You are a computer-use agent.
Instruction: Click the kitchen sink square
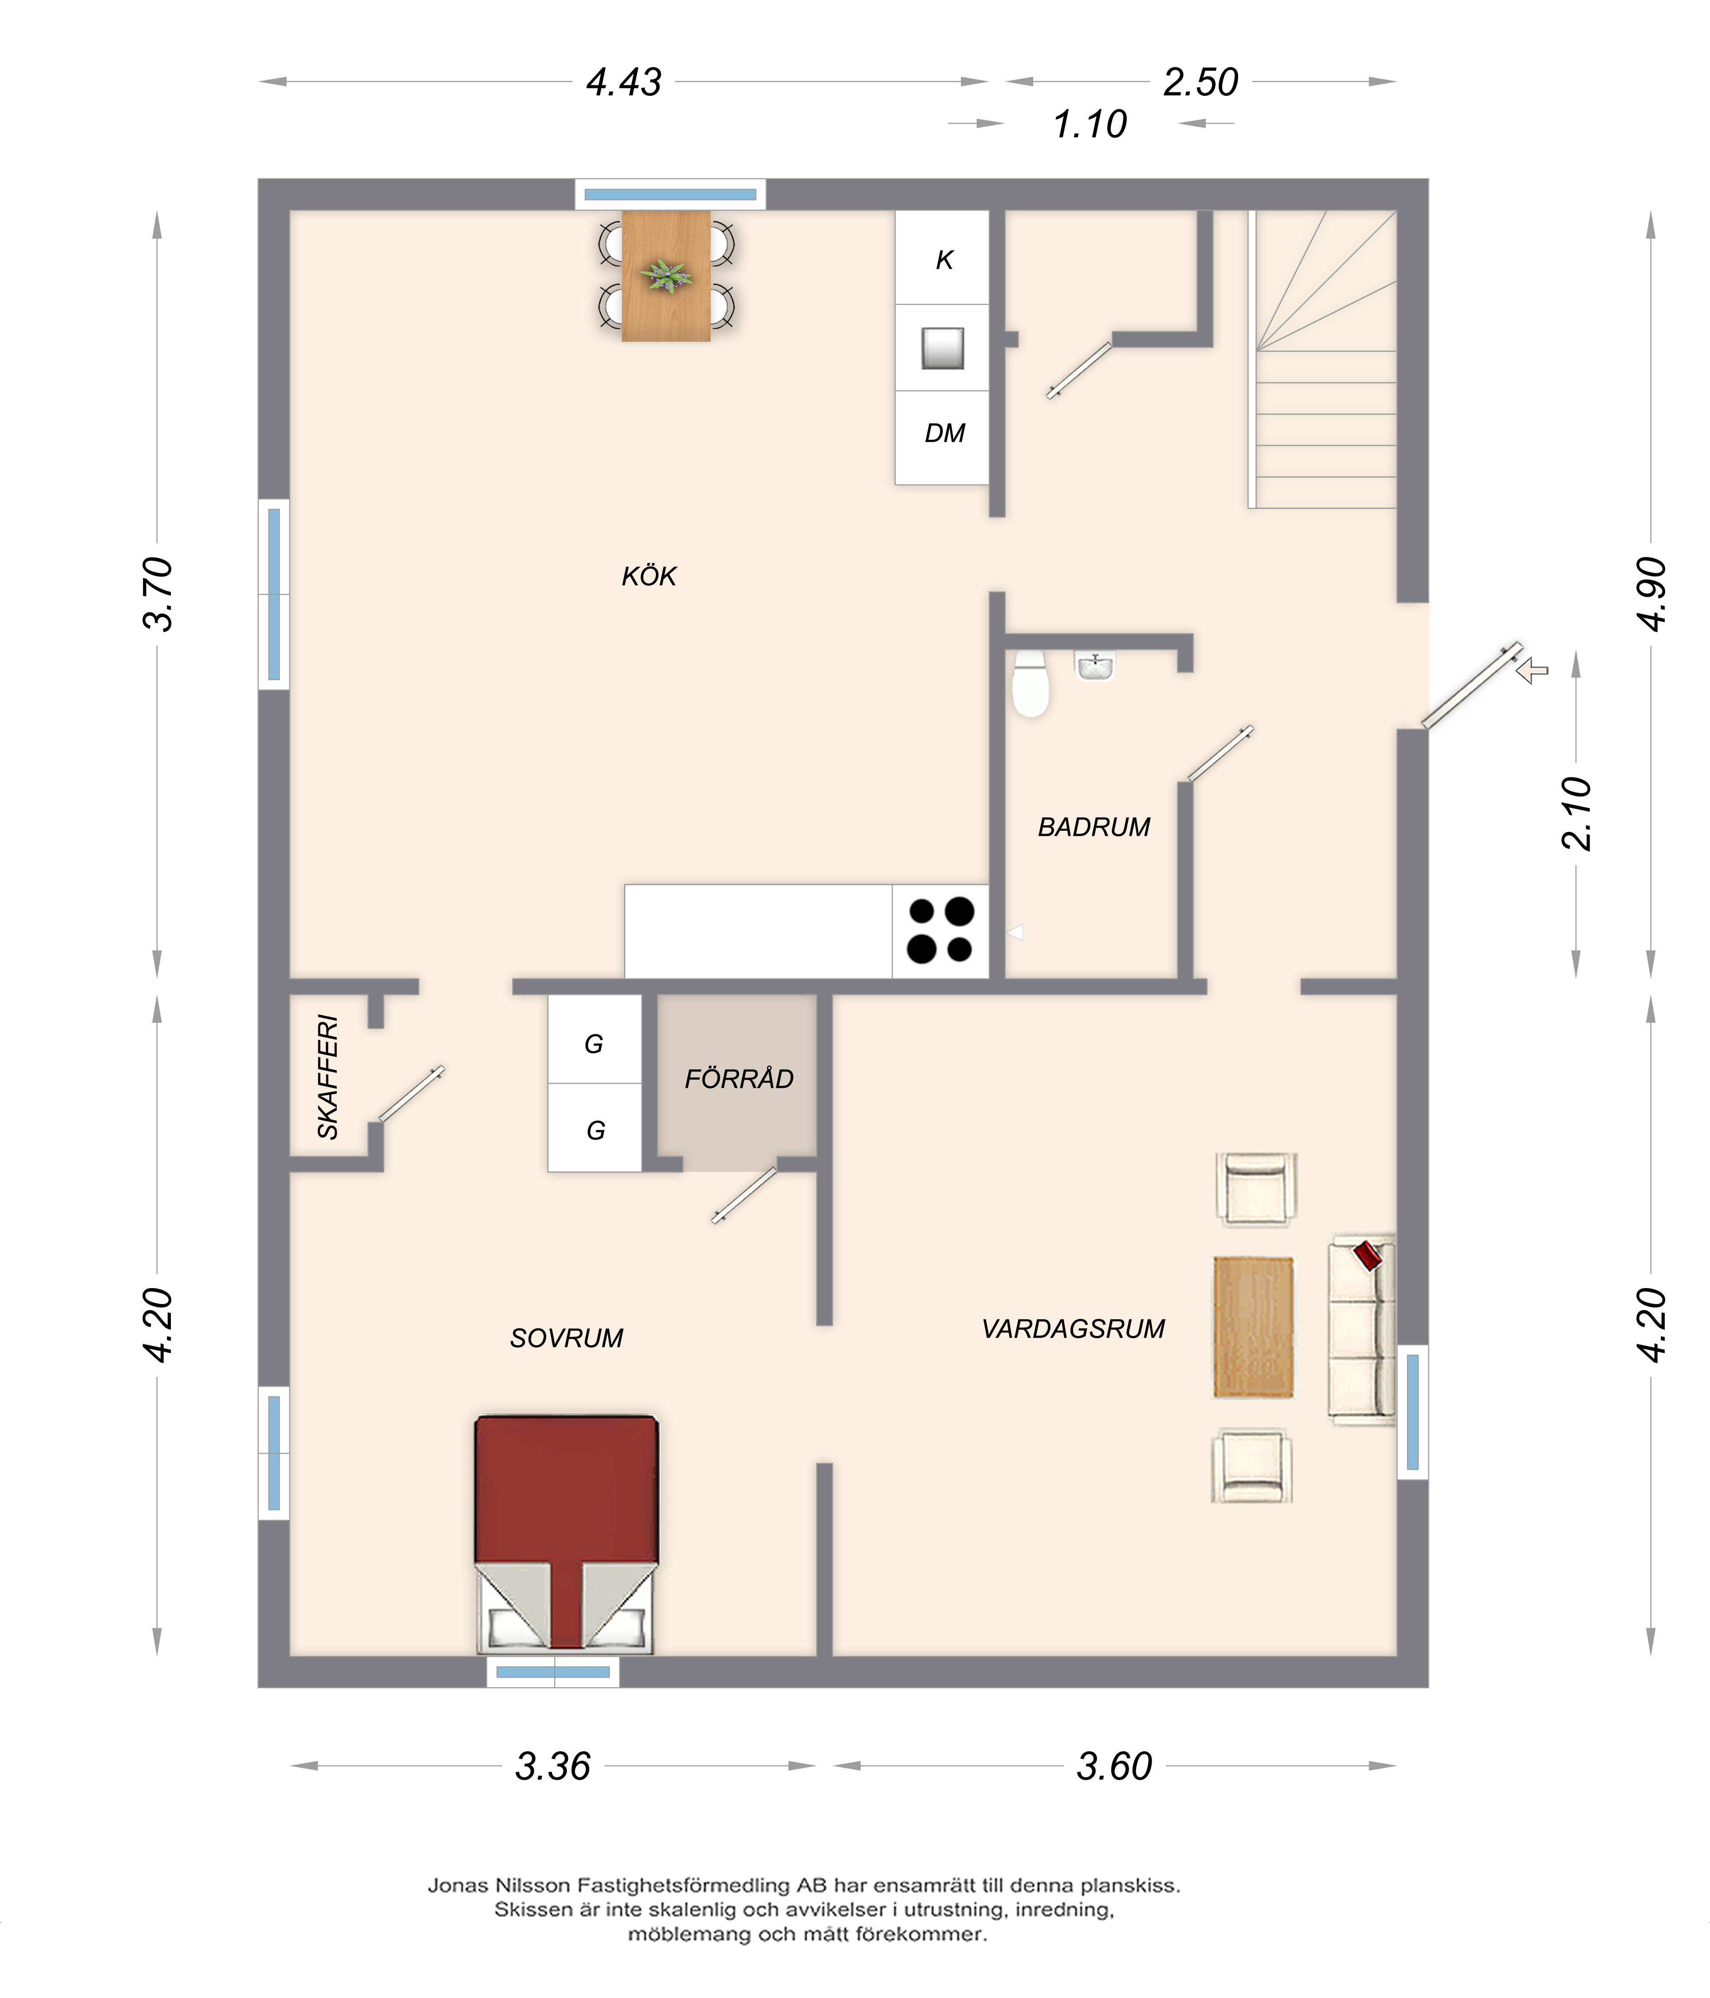click(942, 348)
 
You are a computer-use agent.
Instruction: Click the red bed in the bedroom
click(566, 1533)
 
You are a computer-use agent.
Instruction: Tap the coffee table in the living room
click(1253, 1326)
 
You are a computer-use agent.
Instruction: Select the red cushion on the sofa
click(1368, 1254)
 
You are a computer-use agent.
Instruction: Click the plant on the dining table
click(667, 276)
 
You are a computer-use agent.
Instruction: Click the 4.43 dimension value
click(624, 82)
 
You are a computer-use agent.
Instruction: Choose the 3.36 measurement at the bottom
click(553, 1765)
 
